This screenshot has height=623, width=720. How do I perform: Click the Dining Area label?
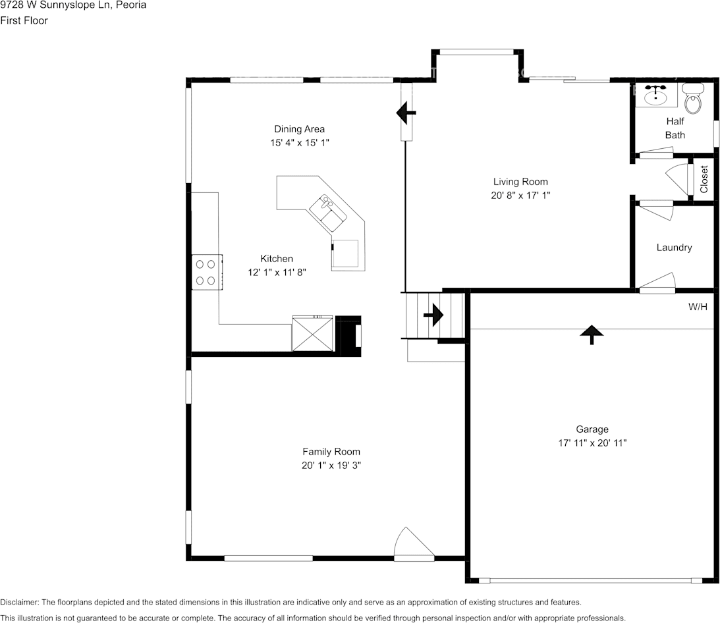tap(299, 129)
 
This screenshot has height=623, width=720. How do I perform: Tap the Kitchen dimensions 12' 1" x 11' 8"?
tap(277, 272)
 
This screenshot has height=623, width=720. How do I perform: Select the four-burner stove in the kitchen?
tap(207, 272)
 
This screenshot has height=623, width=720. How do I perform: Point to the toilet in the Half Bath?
tap(693, 98)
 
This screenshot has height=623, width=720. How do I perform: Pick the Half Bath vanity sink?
tap(655, 95)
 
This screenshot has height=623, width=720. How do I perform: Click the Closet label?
tap(704, 179)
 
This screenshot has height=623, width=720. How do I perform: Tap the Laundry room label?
tap(674, 248)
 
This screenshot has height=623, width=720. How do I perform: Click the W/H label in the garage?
tap(698, 307)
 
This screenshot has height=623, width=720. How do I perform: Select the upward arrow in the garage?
tap(592, 335)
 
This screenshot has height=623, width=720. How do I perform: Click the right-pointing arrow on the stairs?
tap(433, 315)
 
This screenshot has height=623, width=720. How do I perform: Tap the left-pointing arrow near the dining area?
tap(406, 113)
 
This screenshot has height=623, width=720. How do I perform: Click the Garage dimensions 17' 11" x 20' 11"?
tap(592, 443)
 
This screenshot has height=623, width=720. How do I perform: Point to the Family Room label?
tap(331, 452)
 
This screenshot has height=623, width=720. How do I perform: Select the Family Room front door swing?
tap(414, 543)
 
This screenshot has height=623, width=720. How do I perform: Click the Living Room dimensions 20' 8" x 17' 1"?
tap(520, 195)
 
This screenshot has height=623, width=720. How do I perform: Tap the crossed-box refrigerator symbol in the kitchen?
tap(313, 333)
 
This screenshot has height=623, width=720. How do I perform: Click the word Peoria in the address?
tap(132, 5)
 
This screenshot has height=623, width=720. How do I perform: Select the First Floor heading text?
tap(24, 20)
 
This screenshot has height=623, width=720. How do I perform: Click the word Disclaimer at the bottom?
tap(20, 603)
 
